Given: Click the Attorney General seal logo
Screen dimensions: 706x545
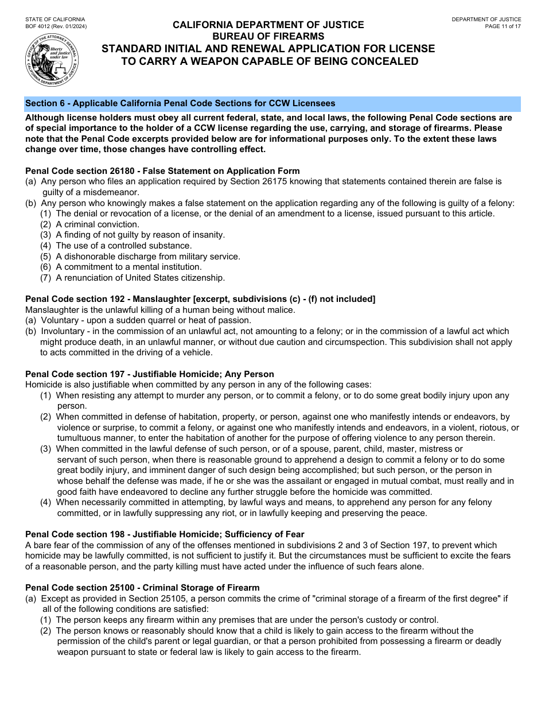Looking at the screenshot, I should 52,60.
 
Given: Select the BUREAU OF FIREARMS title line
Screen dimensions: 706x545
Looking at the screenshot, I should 268,36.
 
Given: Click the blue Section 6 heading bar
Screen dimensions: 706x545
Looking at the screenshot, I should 272,104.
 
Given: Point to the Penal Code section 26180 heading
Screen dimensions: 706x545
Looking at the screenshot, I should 162,171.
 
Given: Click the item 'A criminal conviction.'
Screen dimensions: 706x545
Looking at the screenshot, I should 98,224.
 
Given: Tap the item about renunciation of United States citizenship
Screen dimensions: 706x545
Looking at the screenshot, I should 140,278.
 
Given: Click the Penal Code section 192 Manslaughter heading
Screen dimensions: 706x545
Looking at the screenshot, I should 200,299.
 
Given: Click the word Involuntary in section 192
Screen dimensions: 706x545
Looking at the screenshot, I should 64,331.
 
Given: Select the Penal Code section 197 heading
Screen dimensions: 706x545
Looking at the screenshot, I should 150,374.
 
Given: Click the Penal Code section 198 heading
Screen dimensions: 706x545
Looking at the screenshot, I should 165,534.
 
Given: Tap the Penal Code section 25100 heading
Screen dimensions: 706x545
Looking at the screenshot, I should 142,588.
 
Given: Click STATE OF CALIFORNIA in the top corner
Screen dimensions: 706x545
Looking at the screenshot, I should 55,20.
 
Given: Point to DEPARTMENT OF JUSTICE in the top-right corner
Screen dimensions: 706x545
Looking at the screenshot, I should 486,20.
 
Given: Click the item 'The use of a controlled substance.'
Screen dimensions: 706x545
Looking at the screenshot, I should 123,246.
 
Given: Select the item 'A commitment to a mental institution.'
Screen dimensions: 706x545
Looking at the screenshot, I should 129,267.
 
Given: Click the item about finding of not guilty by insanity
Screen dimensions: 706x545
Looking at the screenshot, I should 132,235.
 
